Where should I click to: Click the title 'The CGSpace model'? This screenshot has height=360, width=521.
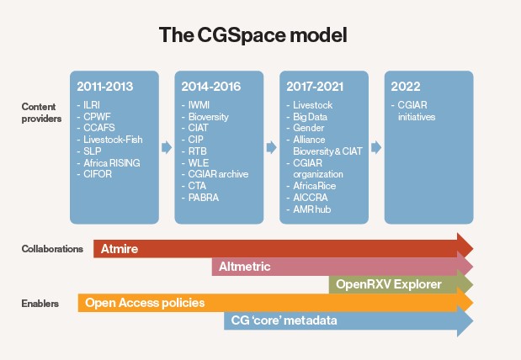[x=253, y=34]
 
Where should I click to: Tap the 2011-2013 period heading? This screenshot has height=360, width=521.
[x=105, y=87]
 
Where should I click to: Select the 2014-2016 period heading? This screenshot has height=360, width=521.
[x=211, y=87]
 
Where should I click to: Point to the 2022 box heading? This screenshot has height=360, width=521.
[x=406, y=87]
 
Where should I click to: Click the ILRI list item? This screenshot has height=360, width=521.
[x=92, y=105]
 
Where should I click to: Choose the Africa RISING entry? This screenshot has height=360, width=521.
[x=112, y=162]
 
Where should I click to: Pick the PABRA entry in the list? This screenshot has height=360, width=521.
[x=204, y=198]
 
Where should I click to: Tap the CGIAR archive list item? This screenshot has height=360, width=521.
[x=218, y=174]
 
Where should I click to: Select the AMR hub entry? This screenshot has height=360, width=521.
[x=312, y=209]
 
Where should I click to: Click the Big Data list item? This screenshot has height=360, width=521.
[x=310, y=117]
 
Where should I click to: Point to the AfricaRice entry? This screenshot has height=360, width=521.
[x=314, y=186]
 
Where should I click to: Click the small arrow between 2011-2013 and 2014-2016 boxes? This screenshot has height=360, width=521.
[x=167, y=147]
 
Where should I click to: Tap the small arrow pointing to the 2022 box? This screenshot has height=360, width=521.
[x=376, y=147]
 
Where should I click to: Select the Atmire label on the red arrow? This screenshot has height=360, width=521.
[x=120, y=249]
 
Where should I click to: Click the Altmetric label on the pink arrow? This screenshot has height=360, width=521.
[x=245, y=267]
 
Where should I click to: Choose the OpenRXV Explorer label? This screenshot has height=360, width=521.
[x=389, y=284]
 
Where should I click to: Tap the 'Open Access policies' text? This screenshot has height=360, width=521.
[x=145, y=303]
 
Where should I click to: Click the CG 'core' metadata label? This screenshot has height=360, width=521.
[x=284, y=320]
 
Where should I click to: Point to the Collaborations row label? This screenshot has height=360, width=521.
[x=52, y=249]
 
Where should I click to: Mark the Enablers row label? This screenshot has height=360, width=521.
[x=40, y=303]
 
